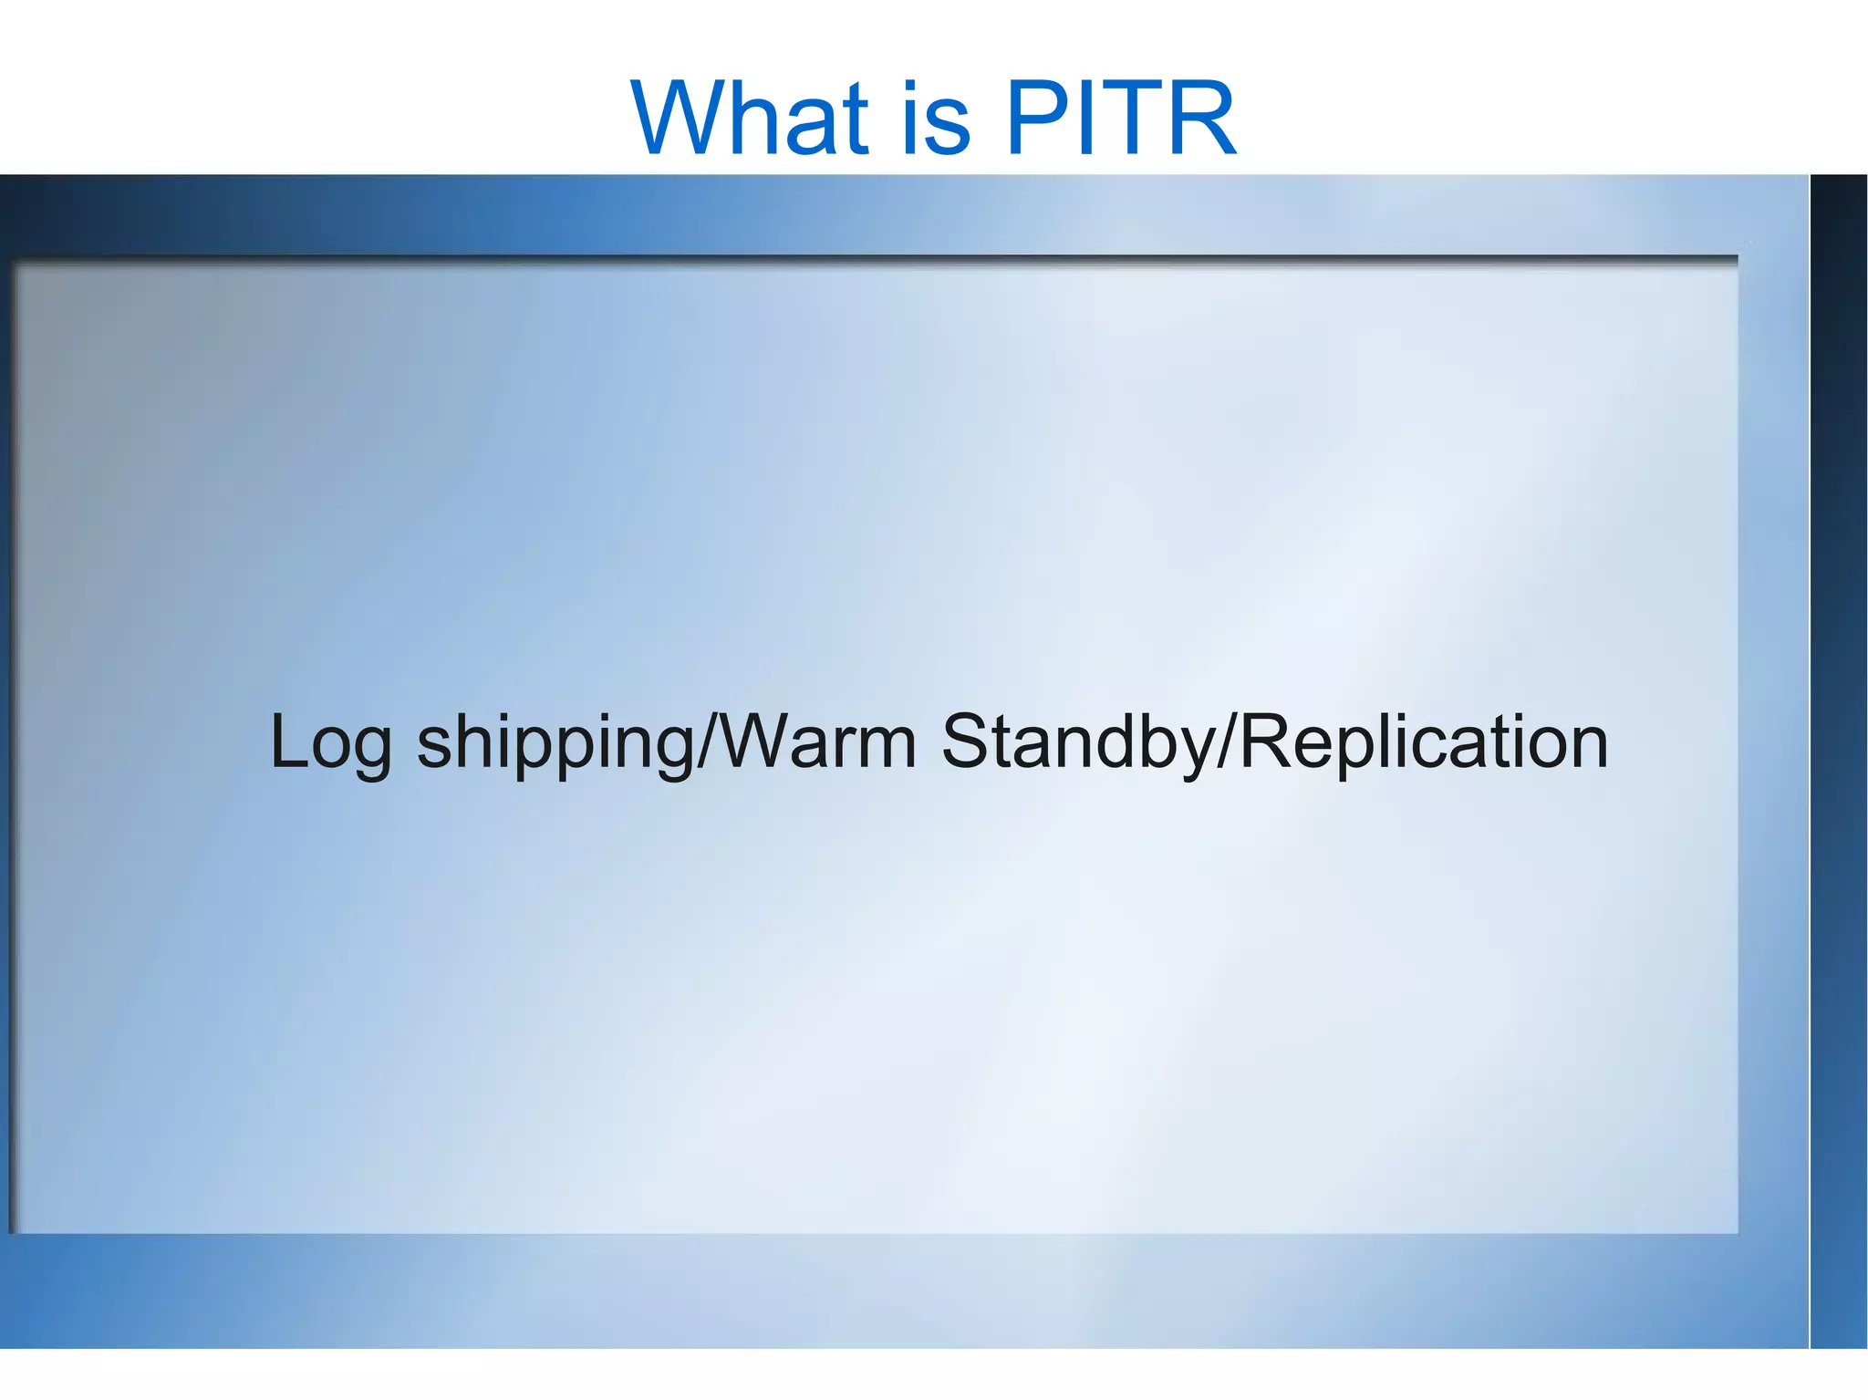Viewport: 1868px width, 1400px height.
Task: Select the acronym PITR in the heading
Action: click(x=1120, y=119)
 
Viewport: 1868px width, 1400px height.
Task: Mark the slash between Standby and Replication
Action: click(x=1228, y=741)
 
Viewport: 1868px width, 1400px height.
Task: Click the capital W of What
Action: click(x=689, y=119)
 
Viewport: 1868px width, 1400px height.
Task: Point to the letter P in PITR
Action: click(x=1035, y=119)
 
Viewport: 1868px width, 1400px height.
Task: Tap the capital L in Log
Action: click(x=288, y=741)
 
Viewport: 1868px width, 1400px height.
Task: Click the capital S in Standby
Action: click(x=967, y=741)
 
